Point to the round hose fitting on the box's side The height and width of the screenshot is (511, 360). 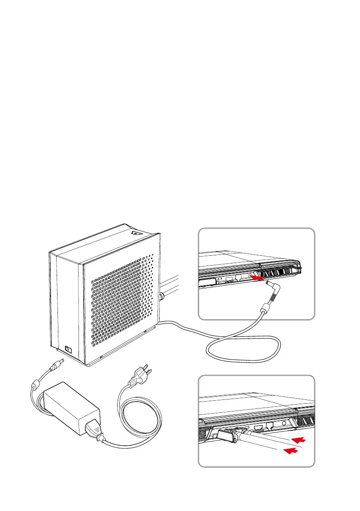tap(161, 296)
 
